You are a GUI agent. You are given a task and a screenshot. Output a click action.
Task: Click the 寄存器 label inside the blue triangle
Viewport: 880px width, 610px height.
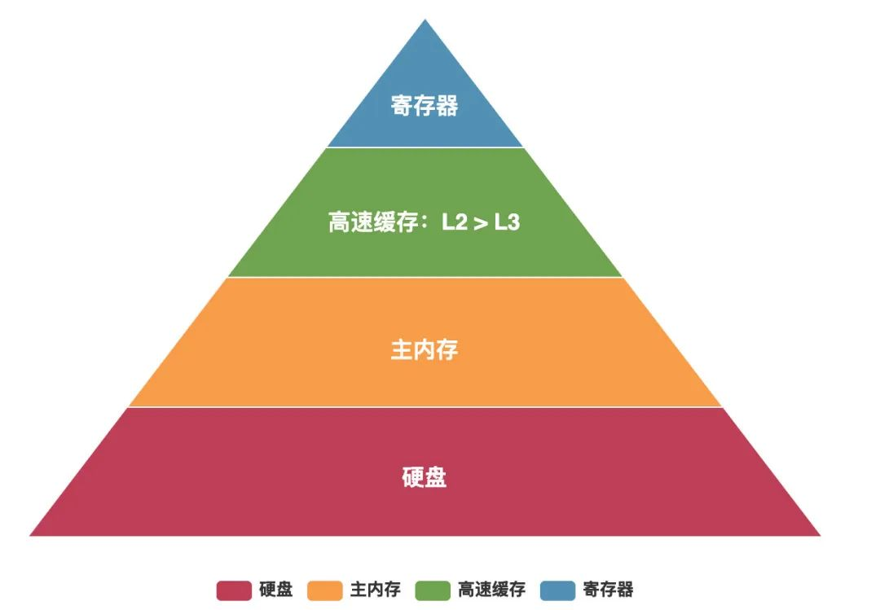point(425,106)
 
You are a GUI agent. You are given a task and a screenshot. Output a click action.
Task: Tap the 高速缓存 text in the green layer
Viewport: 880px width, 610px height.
point(373,222)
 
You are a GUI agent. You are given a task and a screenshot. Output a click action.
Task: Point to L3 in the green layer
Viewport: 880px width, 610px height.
point(508,222)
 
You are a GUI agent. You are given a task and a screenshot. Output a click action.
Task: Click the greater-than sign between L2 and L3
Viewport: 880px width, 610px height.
point(481,223)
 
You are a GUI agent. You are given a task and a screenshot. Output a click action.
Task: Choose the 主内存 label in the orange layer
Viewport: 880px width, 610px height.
point(425,349)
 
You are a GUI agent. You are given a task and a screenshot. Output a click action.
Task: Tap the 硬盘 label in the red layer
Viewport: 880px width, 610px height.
point(425,477)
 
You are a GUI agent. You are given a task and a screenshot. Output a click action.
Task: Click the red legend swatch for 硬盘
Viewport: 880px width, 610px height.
point(234,590)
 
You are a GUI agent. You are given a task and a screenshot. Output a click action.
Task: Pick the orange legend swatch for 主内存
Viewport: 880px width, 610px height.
point(325,590)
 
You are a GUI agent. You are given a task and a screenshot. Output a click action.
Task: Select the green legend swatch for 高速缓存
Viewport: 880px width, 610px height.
point(433,590)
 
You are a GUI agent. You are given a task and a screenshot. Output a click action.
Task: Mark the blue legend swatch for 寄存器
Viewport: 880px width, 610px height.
point(558,590)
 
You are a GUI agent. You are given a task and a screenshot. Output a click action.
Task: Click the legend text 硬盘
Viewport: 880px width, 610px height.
point(276,590)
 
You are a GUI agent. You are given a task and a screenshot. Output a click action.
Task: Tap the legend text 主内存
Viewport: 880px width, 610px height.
point(376,590)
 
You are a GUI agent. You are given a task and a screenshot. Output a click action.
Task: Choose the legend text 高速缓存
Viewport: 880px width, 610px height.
point(491,590)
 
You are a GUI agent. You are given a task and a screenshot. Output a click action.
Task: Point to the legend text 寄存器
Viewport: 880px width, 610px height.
point(609,590)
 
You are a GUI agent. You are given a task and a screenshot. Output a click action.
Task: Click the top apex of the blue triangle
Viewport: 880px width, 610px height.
point(425,20)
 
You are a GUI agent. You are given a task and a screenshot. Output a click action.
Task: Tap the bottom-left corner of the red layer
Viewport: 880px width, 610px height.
point(30,535)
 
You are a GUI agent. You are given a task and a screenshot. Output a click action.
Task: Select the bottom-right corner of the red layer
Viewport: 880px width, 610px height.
point(820,535)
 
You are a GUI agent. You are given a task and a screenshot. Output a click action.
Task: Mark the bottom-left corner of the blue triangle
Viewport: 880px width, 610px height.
point(328,147)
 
